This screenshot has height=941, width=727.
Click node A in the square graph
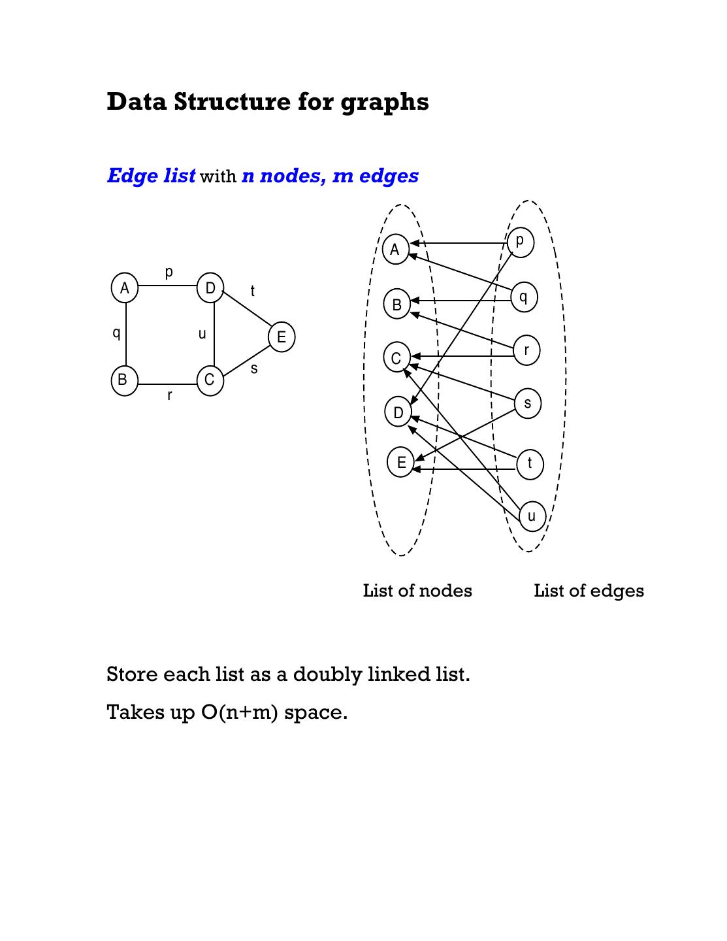click(125, 288)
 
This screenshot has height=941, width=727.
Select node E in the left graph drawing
click(282, 337)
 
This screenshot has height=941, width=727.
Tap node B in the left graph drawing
click(124, 380)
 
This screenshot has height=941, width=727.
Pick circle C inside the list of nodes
click(396, 358)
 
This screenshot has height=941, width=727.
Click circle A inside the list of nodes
click(395, 250)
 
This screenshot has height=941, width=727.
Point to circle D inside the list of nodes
click(398, 412)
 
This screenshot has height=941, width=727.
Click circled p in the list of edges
click(520, 242)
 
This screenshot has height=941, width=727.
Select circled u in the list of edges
click(532, 516)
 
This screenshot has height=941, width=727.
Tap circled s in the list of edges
click(528, 403)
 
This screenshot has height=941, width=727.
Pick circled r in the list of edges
click(526, 350)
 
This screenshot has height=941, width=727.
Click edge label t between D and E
click(253, 291)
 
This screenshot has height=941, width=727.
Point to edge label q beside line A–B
click(116, 333)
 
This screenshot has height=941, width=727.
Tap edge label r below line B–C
click(170, 395)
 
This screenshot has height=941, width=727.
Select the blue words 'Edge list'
click(151, 176)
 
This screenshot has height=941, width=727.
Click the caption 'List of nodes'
click(417, 591)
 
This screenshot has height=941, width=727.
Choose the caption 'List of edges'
click(589, 591)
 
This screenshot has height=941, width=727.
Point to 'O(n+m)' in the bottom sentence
click(240, 712)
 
